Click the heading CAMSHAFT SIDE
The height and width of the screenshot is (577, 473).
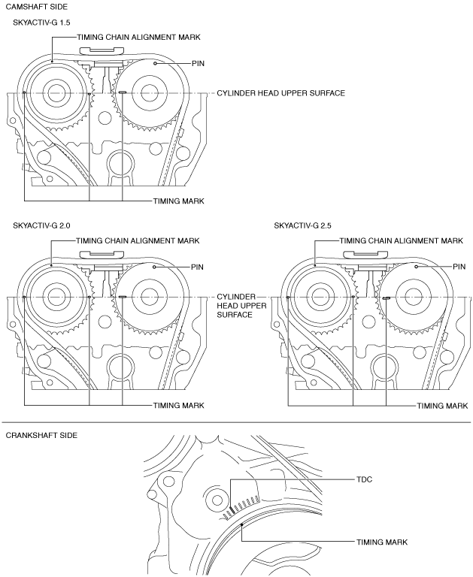[x=37, y=7]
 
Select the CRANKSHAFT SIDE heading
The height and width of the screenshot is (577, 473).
[x=41, y=435]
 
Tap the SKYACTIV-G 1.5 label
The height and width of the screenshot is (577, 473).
[x=41, y=23]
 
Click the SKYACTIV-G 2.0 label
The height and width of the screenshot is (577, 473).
[x=41, y=225]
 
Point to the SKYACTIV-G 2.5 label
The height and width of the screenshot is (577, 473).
[x=302, y=225]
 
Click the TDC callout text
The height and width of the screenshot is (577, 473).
[x=364, y=479]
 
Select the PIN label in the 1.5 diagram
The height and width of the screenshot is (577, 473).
[x=198, y=64]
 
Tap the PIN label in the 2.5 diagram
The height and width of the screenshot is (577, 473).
[x=459, y=267]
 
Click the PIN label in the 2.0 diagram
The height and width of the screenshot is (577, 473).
[x=197, y=267]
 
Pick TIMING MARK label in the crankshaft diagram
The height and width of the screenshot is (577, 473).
[x=382, y=542]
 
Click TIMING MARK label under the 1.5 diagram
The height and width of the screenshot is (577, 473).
[x=179, y=201]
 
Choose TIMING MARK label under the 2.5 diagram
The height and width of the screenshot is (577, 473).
[x=442, y=406]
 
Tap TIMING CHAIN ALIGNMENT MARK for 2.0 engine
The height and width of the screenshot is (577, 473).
[x=138, y=240]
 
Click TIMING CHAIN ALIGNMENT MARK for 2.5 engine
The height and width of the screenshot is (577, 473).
[x=401, y=240]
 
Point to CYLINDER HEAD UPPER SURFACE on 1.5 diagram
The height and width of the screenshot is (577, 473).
[x=280, y=93]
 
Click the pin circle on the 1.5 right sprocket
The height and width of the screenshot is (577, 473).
[x=156, y=64]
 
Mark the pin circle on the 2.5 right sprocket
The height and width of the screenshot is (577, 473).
[x=417, y=267]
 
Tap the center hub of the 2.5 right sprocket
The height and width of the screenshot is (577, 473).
[x=412, y=296]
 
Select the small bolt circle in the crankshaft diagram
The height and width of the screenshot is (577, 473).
[x=217, y=500]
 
